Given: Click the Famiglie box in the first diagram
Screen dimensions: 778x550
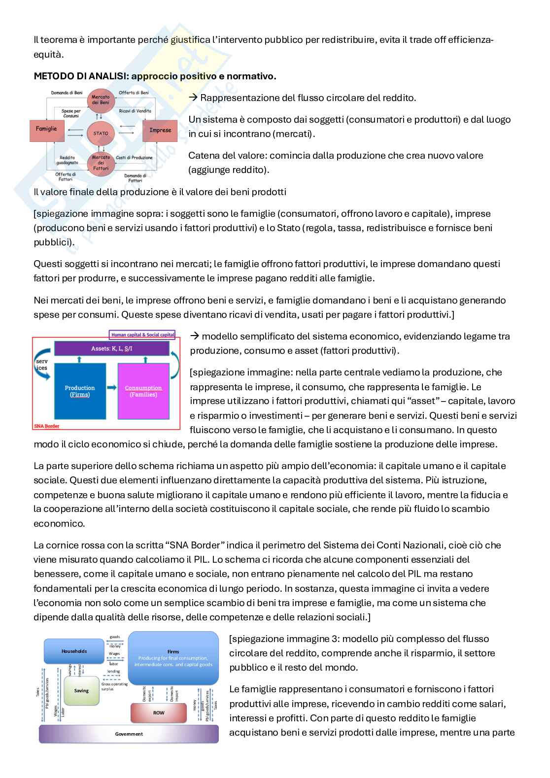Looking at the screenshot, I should (x=46, y=129).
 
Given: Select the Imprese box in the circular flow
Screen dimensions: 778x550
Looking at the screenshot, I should (x=160, y=130).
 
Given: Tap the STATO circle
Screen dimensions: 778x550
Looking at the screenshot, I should (x=101, y=133).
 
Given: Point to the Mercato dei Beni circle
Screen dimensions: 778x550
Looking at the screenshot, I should (x=101, y=100).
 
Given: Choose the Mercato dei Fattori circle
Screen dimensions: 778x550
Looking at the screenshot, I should (x=101, y=163).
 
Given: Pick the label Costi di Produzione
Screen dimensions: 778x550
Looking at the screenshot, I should (x=134, y=158).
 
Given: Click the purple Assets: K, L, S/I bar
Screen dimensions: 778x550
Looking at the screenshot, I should (x=112, y=348).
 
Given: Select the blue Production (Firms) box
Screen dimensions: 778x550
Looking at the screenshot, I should (x=80, y=391).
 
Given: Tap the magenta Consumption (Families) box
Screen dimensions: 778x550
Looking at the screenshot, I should (x=143, y=391).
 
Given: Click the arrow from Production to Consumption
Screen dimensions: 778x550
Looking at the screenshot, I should (x=112, y=388).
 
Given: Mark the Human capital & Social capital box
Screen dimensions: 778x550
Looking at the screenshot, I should (x=143, y=335).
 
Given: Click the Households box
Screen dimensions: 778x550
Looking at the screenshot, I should (x=74, y=651).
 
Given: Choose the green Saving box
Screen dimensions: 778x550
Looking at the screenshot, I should (x=81, y=690).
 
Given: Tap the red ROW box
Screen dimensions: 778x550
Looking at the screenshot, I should (x=159, y=712).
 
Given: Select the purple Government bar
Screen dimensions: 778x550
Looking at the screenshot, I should (x=129, y=734).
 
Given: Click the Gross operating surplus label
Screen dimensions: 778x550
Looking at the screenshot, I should (x=114, y=686).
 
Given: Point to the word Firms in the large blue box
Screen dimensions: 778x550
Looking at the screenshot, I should (x=173, y=651).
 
